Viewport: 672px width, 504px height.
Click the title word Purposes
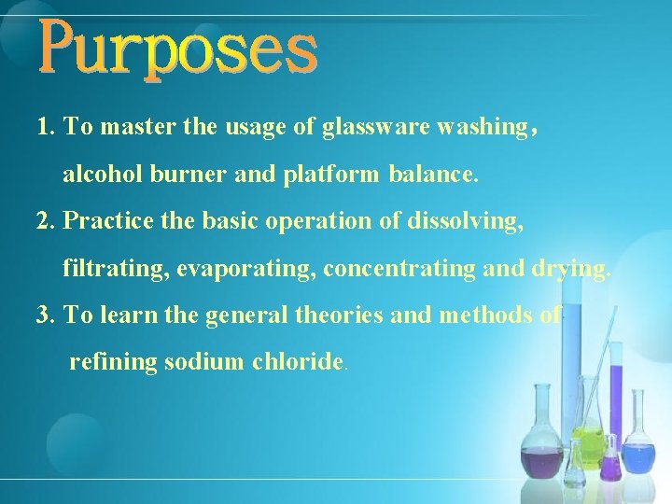click(177, 51)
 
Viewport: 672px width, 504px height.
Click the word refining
click(113, 362)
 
